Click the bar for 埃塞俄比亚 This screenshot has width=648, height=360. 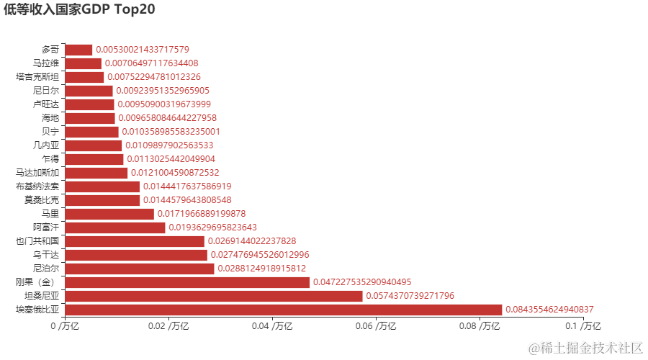pos(283,310)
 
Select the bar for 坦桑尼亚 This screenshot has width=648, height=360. pos(213,296)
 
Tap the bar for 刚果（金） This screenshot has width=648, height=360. pos(187,282)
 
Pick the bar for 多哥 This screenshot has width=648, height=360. pos(78,50)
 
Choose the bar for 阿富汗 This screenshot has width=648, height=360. pos(114,228)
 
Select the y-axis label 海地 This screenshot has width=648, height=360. pos(50,118)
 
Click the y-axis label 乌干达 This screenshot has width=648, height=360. pos(45,255)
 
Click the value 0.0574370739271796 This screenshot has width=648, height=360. pos(410,296)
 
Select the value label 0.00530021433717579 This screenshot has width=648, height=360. pos(143,50)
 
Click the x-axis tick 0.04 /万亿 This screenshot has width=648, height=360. pos(272,327)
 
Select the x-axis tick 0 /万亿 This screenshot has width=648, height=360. pos(65,327)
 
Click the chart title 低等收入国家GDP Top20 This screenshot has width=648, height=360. pos(79,9)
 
